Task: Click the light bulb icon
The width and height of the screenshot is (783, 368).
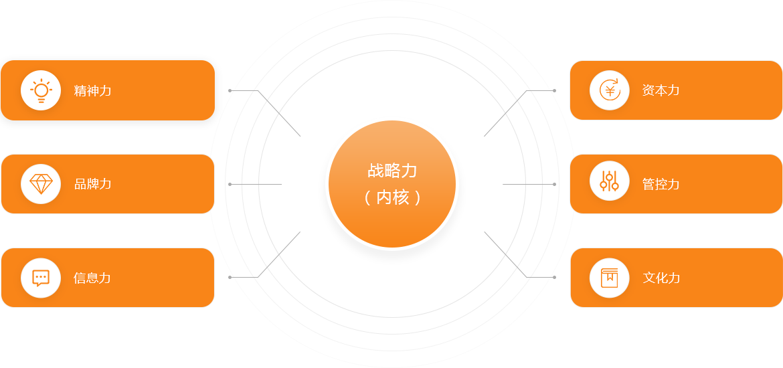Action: [x=41, y=90]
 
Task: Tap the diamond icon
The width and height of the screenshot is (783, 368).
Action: [x=41, y=184]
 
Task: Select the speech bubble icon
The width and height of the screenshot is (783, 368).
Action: [x=41, y=278]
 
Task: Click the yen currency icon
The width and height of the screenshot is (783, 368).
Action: [x=610, y=90]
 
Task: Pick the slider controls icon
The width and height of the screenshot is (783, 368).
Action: [x=610, y=181]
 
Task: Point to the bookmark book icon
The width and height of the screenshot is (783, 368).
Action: [x=610, y=278]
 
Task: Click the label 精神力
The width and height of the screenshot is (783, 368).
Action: [x=92, y=90]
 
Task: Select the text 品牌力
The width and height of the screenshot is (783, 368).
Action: [x=92, y=184]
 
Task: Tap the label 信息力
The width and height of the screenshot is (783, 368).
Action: [x=92, y=278]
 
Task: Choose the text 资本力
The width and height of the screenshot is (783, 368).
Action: [x=661, y=90]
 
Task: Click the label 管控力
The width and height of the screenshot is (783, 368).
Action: [x=661, y=184]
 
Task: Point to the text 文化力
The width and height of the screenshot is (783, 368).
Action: [x=661, y=278]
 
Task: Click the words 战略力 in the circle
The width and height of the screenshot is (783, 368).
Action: [x=392, y=171]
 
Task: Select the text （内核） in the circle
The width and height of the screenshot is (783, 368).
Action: [x=392, y=197]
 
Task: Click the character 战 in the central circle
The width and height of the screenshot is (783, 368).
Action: [x=375, y=171]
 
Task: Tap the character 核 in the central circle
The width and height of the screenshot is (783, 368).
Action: [x=401, y=197]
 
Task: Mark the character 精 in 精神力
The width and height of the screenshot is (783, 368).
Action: [x=80, y=90]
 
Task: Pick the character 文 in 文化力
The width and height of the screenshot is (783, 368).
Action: [x=649, y=278]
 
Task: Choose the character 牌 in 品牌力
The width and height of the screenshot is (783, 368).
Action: [x=92, y=184]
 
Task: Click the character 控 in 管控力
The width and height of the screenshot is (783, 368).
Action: [x=661, y=184]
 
